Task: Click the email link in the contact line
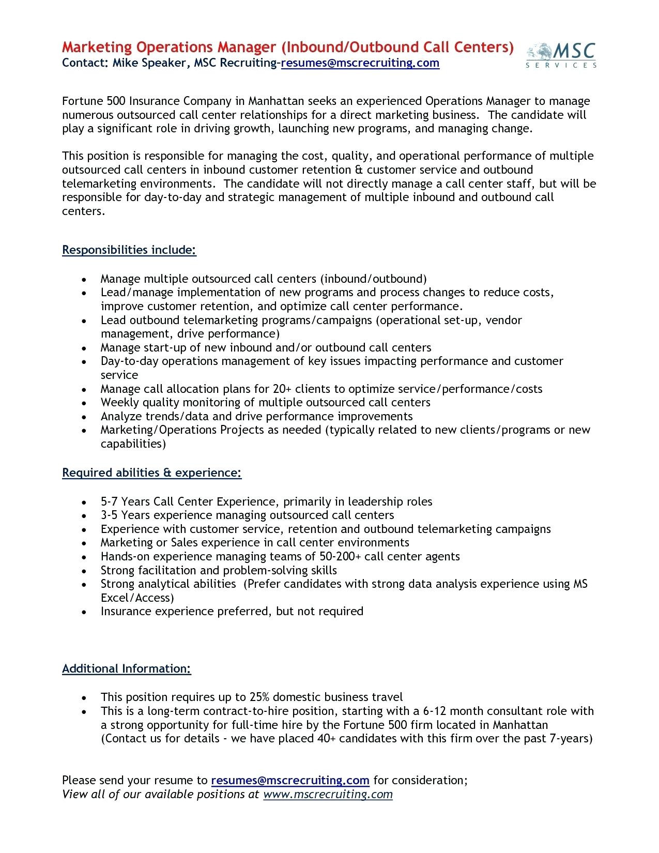[360, 63]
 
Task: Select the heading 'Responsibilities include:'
[129, 250]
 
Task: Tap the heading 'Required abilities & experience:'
[152, 473]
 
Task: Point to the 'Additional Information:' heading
[127, 668]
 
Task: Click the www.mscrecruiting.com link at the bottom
[328, 794]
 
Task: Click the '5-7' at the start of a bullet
[110, 501]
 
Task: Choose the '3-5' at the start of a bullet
[110, 515]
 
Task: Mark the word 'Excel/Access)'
[137, 598]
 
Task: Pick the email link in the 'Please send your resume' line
[290, 780]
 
